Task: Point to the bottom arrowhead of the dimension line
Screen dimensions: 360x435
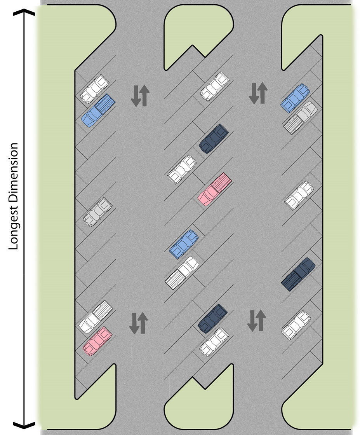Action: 24,424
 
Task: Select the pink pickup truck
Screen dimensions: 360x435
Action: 214,189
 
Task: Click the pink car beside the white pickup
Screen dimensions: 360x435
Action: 97,341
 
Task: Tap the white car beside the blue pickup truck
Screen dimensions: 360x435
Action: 94,87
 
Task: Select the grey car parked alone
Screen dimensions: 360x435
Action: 97,211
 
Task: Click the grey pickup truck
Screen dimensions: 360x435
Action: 301,117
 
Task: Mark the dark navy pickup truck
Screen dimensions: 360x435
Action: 298,274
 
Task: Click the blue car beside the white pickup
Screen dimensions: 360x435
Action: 184,244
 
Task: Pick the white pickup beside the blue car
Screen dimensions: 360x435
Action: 182,272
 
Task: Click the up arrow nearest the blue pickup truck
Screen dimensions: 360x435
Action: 144,96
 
